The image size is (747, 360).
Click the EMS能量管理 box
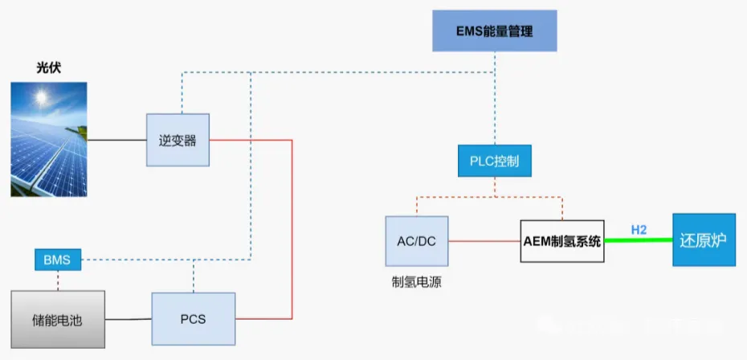pyautogui.click(x=494, y=32)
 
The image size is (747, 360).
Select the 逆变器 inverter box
pyautogui.click(x=178, y=141)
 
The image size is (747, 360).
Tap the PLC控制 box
pyautogui.click(x=494, y=161)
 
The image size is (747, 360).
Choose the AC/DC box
pyautogui.click(x=416, y=240)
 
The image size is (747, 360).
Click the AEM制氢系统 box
pyautogui.click(x=561, y=241)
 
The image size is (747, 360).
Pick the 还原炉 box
pyautogui.click(x=703, y=239)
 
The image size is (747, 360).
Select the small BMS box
pyautogui.click(x=58, y=260)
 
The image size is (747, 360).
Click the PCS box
pyautogui.click(x=193, y=319)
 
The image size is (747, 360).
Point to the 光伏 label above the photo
pyautogui.click(x=48, y=68)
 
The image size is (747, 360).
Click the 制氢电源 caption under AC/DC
pyautogui.click(x=416, y=282)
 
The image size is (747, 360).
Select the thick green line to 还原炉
pyautogui.click(x=638, y=240)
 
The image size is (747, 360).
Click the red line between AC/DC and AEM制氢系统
pyautogui.click(x=484, y=240)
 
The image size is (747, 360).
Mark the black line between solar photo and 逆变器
pyautogui.click(x=116, y=141)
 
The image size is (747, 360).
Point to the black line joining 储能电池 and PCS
pyautogui.click(x=129, y=320)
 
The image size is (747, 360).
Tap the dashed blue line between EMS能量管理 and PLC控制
pyautogui.click(x=494, y=104)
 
